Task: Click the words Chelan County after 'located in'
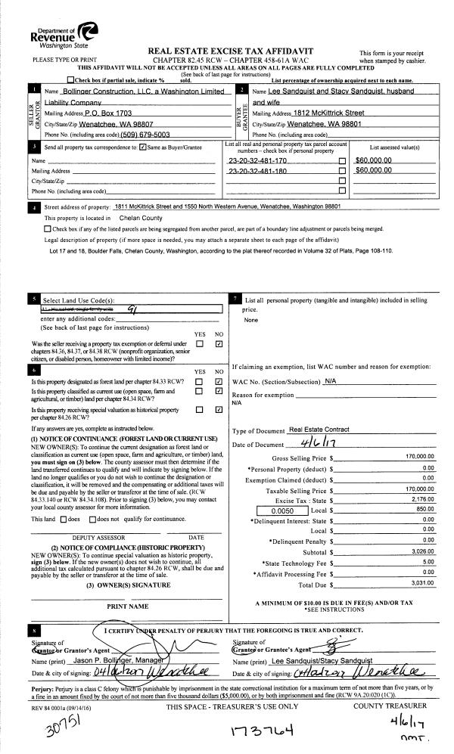tap(141, 217)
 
